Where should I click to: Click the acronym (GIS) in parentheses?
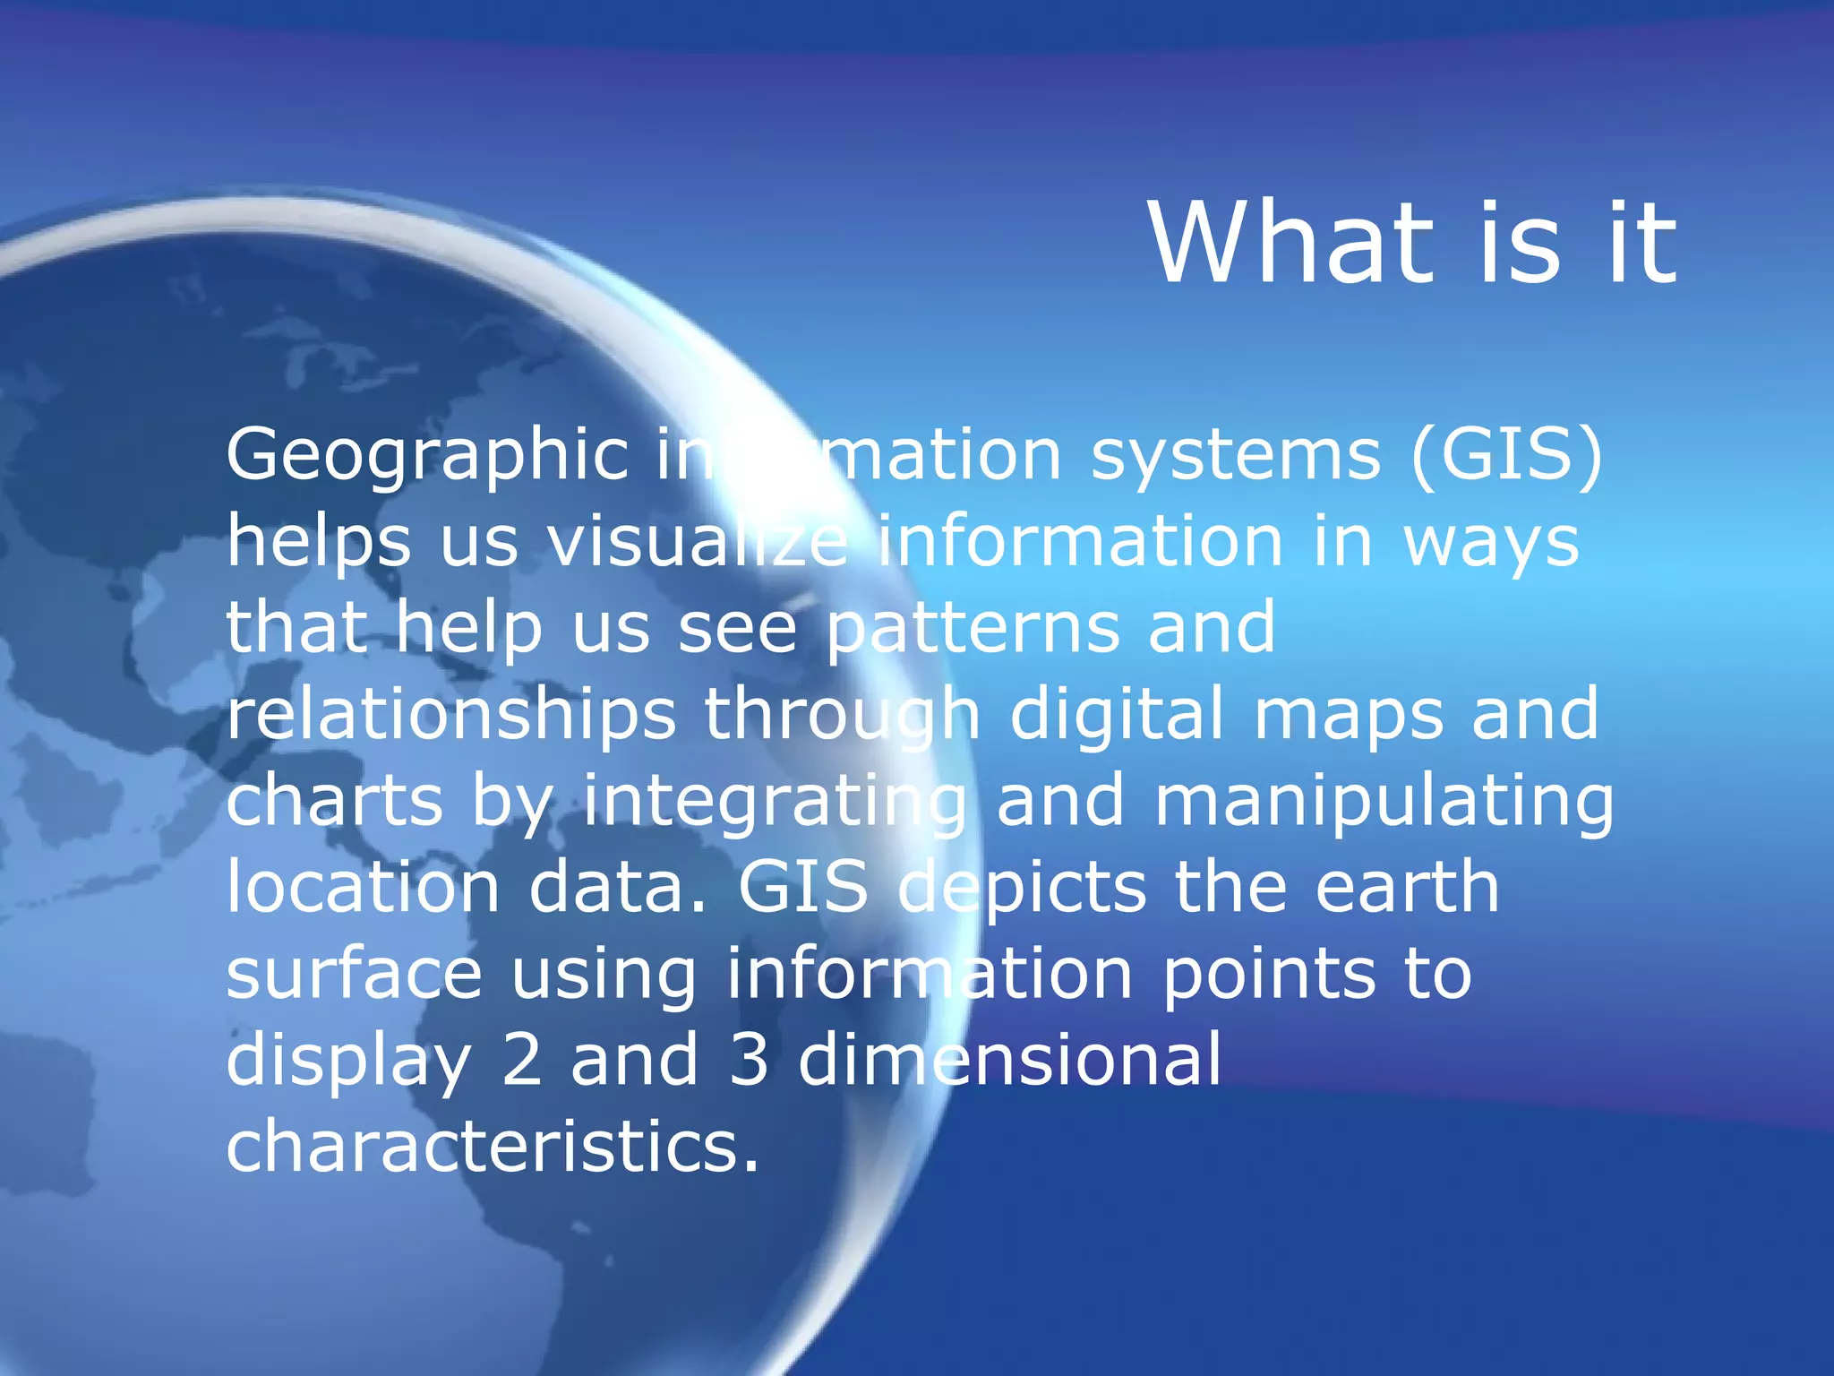tap(1506, 455)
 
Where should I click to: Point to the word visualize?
tap(698, 541)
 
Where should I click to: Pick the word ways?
tap(1491, 541)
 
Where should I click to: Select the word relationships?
tap(450, 715)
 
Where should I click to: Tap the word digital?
tap(1117, 714)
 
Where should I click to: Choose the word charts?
tap(334, 800)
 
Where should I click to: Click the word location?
tap(363, 886)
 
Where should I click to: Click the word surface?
tap(354, 973)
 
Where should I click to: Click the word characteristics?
tap(493, 1146)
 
